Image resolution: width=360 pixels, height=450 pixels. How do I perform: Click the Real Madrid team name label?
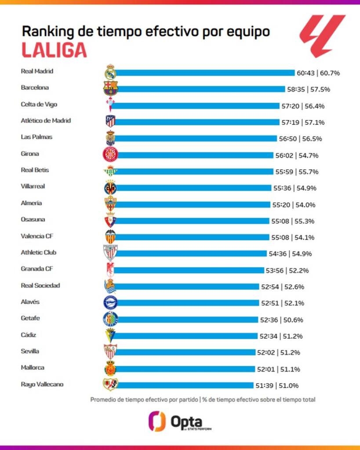(37, 71)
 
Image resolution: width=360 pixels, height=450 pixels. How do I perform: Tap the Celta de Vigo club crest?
(110, 105)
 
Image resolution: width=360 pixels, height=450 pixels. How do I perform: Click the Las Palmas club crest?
(110, 138)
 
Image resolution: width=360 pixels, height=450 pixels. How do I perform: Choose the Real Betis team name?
(35, 170)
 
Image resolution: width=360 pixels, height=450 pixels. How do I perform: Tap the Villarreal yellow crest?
(110, 188)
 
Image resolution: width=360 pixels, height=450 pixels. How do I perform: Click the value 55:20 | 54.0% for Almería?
(294, 204)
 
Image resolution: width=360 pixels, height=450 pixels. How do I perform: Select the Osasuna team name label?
(33, 219)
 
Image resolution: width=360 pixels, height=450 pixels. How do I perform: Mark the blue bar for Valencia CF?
(193, 237)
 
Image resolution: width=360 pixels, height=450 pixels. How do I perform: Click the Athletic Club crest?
(110, 253)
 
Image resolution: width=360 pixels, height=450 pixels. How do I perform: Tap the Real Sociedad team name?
(40, 286)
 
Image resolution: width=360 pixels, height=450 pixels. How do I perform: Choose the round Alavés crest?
(110, 303)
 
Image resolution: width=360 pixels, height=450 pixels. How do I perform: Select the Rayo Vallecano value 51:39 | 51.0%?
(277, 385)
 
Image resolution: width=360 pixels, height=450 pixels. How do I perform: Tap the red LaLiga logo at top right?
(323, 36)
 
